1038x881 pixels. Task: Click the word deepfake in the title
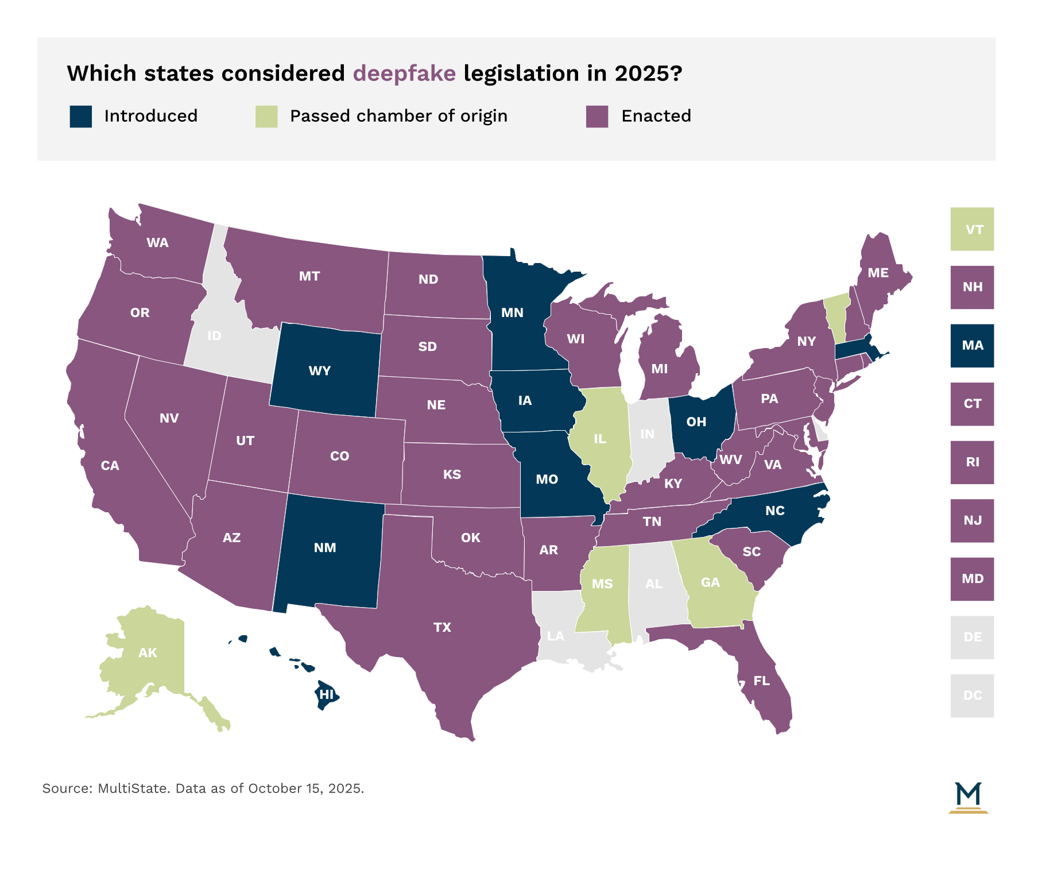pos(404,74)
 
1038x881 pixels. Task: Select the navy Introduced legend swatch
pos(81,117)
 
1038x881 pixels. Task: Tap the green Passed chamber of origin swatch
pos(266,117)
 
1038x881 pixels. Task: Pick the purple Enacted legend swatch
pos(597,117)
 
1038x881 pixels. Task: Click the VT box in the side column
pos(972,229)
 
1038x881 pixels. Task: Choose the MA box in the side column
pos(972,346)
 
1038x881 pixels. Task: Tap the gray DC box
pos(972,695)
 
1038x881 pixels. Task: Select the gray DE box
pos(972,637)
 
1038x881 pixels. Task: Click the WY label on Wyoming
pos(320,371)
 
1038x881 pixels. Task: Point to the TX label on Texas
pos(442,628)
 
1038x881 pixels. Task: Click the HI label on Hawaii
pos(327,695)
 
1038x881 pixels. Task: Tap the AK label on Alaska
pos(148,653)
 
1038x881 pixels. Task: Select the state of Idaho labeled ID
pos(214,336)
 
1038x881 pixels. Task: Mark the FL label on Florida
pos(761,681)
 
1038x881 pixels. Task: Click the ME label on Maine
pos(878,273)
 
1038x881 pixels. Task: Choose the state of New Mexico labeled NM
pos(325,548)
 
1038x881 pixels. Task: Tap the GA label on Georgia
pos(710,583)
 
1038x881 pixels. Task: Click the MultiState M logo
pos(969,797)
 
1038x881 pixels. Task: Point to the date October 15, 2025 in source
pos(305,789)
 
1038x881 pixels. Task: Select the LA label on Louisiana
pos(556,636)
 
